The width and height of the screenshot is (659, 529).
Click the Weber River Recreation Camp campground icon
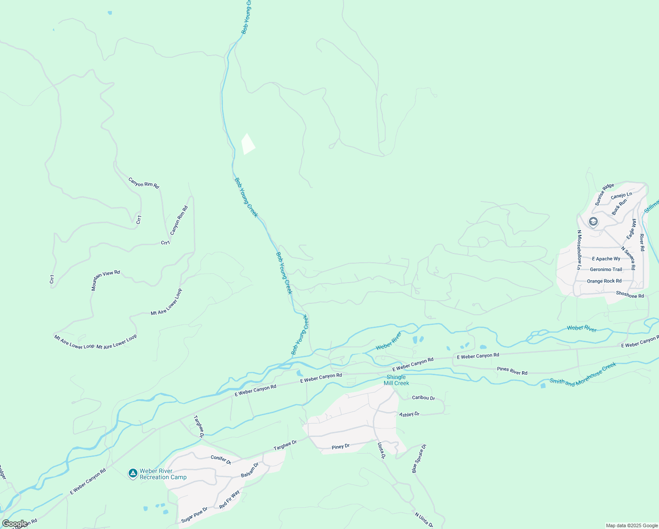(x=133, y=473)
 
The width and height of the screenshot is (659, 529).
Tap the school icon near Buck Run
(x=593, y=221)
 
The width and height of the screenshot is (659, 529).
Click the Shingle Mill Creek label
(x=396, y=380)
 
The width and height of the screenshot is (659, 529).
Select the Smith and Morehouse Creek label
(x=582, y=375)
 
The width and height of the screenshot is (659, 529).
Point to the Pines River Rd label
(x=512, y=371)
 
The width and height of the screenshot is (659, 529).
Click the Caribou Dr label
(x=423, y=398)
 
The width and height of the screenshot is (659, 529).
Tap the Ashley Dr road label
(x=409, y=414)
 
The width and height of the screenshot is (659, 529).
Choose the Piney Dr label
(x=341, y=447)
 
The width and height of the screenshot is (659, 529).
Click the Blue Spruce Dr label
(x=419, y=459)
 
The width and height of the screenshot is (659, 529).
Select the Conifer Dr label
(x=221, y=459)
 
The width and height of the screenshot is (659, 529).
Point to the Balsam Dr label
(x=250, y=470)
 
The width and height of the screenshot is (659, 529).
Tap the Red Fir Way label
(x=229, y=499)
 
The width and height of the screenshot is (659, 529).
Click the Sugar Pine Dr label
(x=194, y=515)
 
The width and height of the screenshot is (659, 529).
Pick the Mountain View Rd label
(x=105, y=280)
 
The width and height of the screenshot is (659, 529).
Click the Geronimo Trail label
(x=606, y=269)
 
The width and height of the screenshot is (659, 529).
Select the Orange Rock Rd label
(x=604, y=281)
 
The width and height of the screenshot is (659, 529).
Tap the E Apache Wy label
(x=606, y=259)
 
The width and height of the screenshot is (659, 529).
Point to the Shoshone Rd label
(x=630, y=294)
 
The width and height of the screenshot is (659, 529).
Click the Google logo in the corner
(x=15, y=524)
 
